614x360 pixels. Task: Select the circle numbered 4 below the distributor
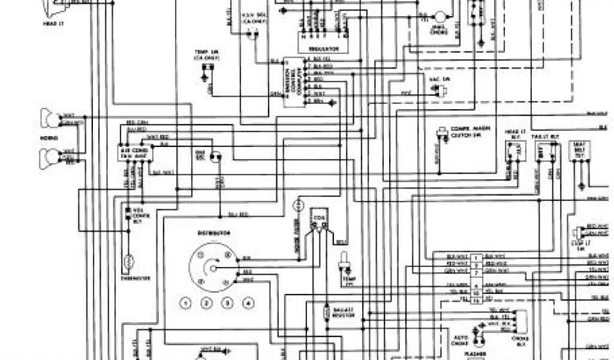246,303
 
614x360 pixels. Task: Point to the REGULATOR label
324,48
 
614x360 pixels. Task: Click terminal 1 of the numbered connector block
475,256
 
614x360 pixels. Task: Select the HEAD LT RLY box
514,155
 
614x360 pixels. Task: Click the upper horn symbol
49,116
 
